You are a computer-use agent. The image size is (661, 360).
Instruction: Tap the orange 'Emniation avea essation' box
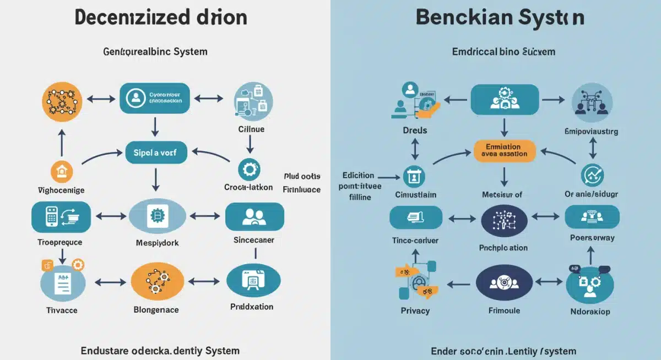[504, 150]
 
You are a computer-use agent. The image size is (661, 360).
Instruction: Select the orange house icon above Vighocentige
[61, 172]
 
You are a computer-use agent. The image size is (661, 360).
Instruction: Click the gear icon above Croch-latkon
[248, 168]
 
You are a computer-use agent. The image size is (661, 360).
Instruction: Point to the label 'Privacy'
[415, 310]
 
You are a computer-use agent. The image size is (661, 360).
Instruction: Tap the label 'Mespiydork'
[157, 242]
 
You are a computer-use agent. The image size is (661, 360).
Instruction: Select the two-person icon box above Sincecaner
[254, 216]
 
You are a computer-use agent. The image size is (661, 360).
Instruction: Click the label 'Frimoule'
[504, 310]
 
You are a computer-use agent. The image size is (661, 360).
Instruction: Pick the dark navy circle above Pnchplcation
[503, 221]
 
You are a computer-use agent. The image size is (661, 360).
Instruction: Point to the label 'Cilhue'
[251, 129]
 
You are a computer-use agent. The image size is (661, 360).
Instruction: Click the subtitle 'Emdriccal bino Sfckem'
[503, 52]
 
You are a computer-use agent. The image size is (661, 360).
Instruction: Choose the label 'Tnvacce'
[61, 310]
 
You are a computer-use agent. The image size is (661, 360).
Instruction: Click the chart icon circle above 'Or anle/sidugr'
[593, 176]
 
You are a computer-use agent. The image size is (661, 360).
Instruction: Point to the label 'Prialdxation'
[252, 307]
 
